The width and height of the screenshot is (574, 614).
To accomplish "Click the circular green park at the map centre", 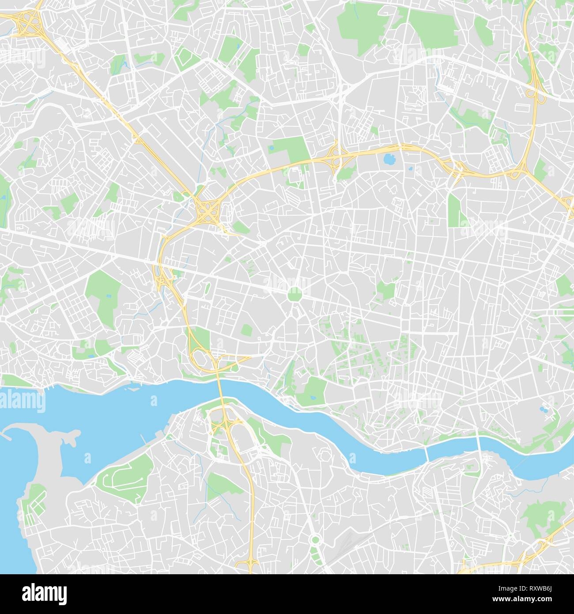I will tap(294, 295).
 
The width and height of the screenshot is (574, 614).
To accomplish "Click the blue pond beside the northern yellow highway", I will tap(389, 159).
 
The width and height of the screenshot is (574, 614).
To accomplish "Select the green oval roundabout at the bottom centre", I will tap(315, 540).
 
